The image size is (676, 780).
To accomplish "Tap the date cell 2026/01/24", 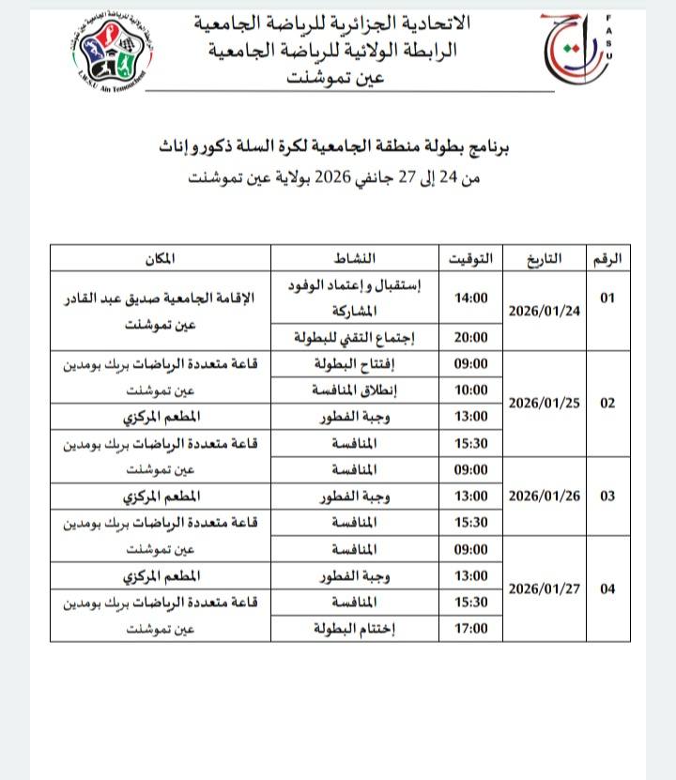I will (545, 311).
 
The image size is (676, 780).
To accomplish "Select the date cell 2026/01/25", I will (545, 403).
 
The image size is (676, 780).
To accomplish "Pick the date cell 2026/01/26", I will (545, 495).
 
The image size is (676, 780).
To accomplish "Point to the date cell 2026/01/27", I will (545, 589).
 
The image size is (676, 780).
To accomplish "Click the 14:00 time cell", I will (471, 298).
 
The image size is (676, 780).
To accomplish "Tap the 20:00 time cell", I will (471, 337).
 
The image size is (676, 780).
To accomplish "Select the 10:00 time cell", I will (471, 390).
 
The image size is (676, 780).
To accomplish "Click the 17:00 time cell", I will (471, 628).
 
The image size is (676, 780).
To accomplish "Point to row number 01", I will (607, 298).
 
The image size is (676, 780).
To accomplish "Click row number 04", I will (607, 589).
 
